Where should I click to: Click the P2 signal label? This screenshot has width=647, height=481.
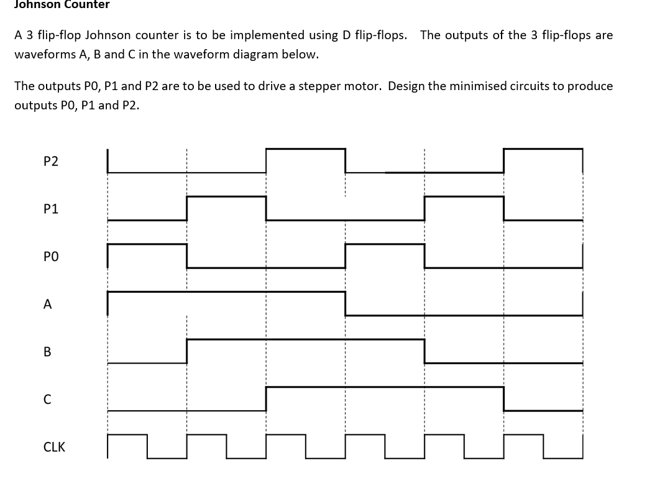coord(51,162)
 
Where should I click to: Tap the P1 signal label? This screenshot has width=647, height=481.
coord(51,209)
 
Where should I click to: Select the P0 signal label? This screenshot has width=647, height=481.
coord(51,256)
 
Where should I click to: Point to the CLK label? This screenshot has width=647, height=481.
coord(54,447)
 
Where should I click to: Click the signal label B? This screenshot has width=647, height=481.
coord(47,352)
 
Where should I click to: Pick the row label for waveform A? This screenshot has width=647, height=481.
coord(47,305)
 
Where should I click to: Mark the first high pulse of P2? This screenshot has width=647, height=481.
coord(305,149)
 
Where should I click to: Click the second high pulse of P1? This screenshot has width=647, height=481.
coord(464,197)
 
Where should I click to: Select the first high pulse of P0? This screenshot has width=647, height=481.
coord(147,245)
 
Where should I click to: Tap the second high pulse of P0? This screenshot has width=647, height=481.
coord(385,245)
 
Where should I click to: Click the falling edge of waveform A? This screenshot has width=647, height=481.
coord(346,303)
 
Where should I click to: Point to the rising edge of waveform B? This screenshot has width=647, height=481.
coord(187,350)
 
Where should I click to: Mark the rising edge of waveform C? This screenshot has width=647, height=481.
coord(266,398)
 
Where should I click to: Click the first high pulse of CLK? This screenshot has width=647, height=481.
coord(127,435)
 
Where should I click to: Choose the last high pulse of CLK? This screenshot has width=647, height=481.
coord(523,435)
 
